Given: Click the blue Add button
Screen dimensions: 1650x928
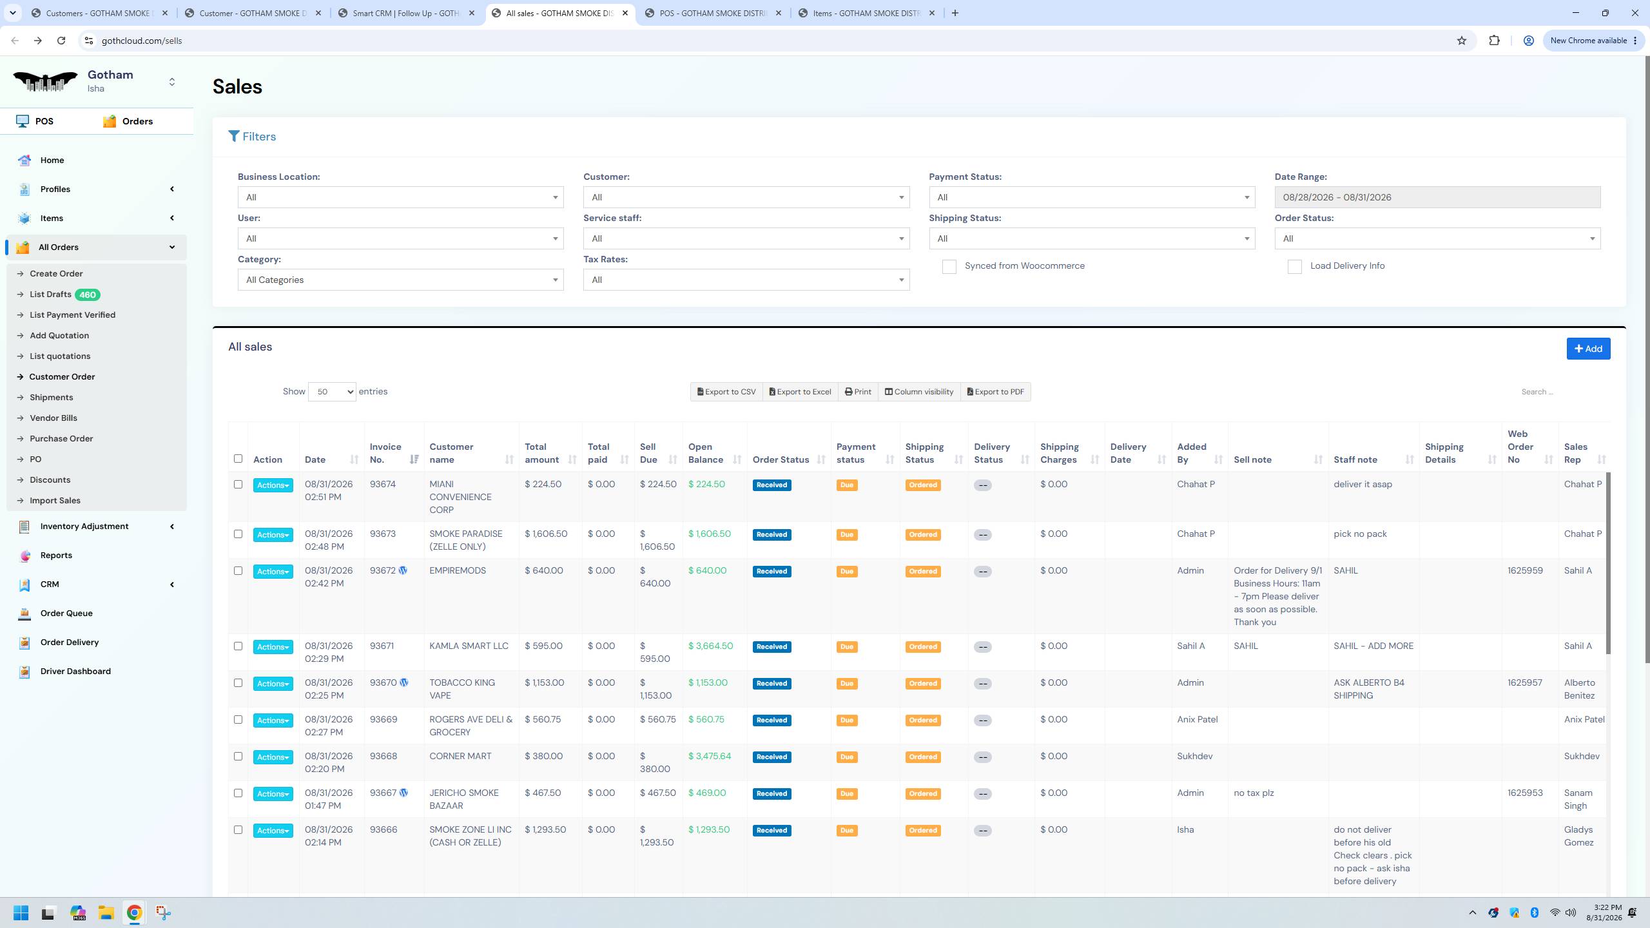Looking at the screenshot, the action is [1588, 349].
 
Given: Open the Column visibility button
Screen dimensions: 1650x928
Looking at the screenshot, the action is [918, 392].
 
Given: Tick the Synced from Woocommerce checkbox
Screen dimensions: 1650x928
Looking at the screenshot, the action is [949, 267].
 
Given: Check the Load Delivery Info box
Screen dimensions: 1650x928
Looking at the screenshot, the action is [1294, 267].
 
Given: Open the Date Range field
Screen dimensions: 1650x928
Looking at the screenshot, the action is [1437, 197].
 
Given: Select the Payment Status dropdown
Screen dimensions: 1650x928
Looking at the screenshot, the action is [1092, 197].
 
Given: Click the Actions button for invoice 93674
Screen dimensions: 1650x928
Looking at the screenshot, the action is [273, 485].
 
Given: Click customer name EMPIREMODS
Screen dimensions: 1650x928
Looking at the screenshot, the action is [458, 570].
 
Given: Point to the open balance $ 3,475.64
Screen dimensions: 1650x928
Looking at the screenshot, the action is [710, 756].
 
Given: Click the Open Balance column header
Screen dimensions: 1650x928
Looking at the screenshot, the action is [706, 453].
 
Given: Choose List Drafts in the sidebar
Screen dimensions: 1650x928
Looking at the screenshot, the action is [50, 295].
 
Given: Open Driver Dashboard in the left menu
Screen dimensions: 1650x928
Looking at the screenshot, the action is [75, 671].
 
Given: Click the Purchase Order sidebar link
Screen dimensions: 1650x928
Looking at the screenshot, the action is [61, 438].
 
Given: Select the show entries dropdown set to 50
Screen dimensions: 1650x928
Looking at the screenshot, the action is [332, 392].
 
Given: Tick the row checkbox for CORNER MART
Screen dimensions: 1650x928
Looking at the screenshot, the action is [238, 757].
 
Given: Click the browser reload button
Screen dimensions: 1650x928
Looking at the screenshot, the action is [61, 41].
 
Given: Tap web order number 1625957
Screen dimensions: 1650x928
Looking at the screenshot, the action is [1525, 682].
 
